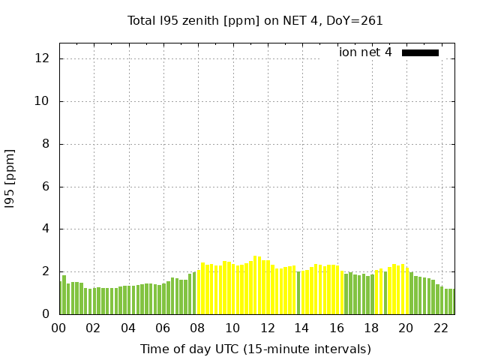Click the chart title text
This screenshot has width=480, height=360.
pos(255,21)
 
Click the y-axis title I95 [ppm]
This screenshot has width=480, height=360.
pos(10,178)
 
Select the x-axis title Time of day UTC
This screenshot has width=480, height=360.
pos(255,349)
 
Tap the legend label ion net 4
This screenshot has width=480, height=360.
pos(365,52)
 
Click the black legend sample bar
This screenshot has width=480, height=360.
pos(420,52)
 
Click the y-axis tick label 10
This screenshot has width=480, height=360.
pos(43,101)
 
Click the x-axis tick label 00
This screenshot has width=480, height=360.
pos(59,328)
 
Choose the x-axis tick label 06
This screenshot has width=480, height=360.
pos(163,328)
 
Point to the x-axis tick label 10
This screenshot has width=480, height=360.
pos(232,328)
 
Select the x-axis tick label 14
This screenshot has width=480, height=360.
pos(302,328)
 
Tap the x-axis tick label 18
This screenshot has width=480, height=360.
pos(371,328)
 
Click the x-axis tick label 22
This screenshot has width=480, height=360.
pos(441,328)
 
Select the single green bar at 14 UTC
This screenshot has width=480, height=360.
pos(298,292)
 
